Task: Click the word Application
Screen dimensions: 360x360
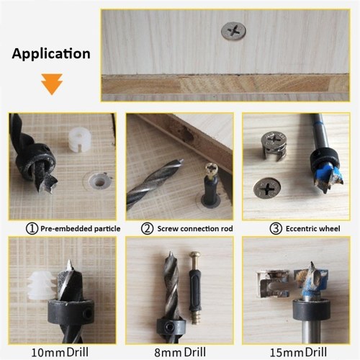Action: tap(51, 54)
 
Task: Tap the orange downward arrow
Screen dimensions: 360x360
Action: tap(52, 84)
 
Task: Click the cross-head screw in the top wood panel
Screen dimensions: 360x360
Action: tap(233, 31)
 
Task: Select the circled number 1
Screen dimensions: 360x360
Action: tap(32, 228)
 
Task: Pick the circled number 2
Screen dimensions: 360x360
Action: tap(147, 228)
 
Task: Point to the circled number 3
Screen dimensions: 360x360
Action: tap(276, 228)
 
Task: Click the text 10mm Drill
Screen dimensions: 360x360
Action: tap(60, 352)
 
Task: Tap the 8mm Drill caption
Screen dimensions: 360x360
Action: tap(180, 352)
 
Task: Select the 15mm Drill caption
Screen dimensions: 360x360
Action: tap(298, 352)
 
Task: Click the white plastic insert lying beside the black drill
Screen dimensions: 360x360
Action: tap(79, 140)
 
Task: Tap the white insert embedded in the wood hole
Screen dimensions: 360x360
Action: tap(99, 181)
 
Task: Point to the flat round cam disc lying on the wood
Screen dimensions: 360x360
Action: tap(267, 188)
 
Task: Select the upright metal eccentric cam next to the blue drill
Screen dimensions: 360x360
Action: tap(274, 146)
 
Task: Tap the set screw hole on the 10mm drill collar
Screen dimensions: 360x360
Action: tap(88, 313)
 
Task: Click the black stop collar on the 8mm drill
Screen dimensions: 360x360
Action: tap(171, 325)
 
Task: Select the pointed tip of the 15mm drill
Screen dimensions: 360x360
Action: tap(312, 264)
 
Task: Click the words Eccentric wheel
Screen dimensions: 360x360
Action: tap(313, 228)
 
